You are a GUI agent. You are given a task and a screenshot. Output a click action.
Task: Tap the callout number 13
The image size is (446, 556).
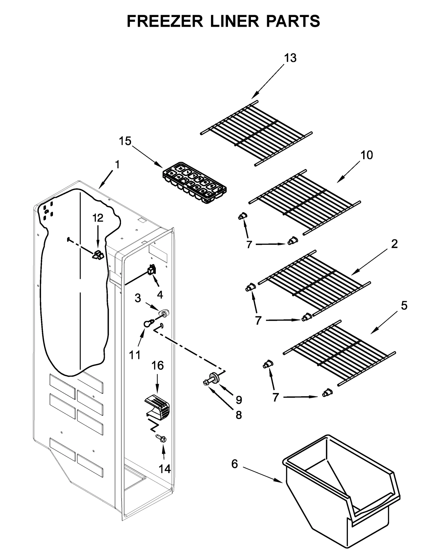[290, 58]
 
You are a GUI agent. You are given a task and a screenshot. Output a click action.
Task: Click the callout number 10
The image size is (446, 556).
[366, 155]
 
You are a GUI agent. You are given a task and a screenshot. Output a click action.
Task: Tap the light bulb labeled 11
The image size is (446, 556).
[148, 323]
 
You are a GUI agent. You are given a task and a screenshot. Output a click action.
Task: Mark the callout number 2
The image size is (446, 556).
[394, 244]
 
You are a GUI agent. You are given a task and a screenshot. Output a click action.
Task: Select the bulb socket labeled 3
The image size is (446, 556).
[164, 313]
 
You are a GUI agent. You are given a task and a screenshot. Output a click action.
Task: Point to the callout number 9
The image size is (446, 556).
[239, 400]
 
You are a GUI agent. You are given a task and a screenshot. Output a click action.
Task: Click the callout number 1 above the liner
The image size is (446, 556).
[117, 165]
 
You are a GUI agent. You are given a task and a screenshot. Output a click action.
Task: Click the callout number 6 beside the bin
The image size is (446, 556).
[234, 464]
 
